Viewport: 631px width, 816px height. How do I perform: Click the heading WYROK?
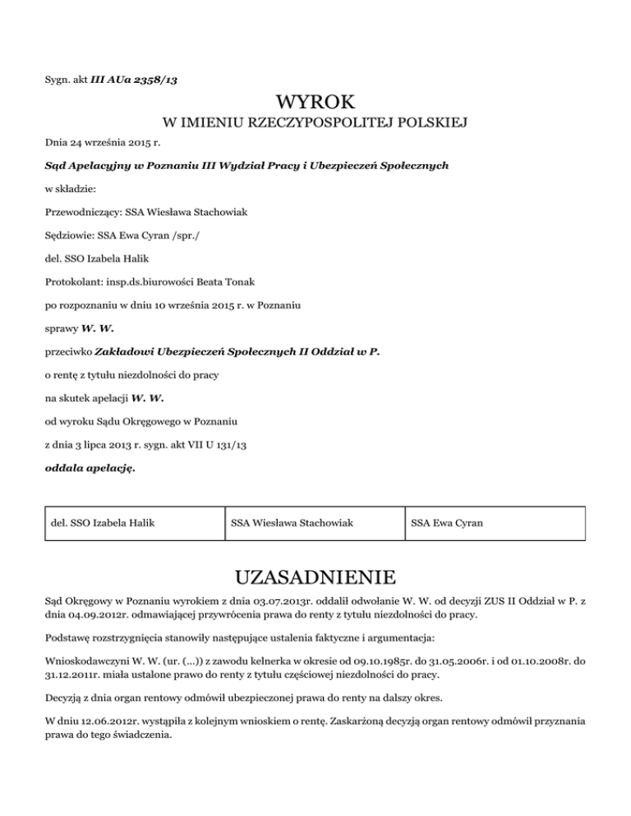pos(315,103)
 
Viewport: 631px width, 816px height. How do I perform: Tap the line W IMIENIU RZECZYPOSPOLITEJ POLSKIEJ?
pos(315,123)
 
